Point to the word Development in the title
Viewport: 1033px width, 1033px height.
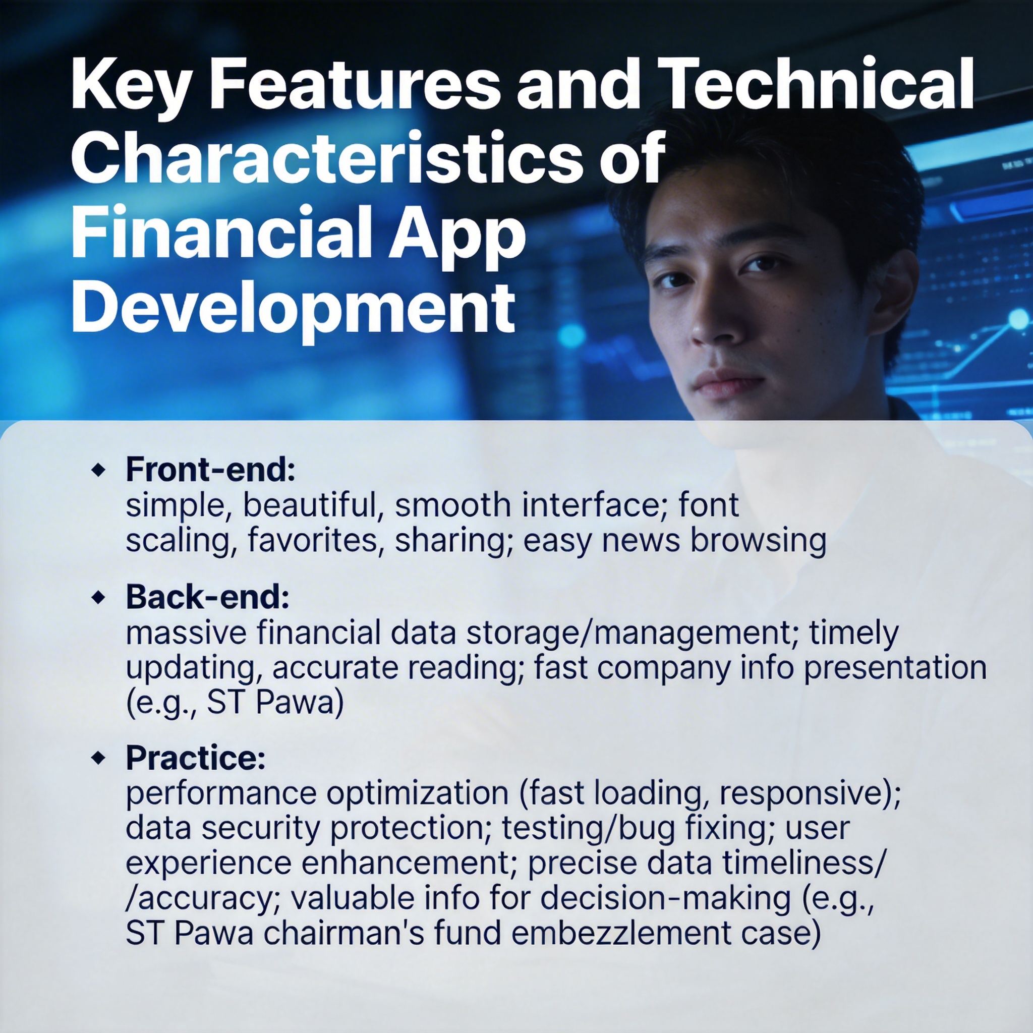tap(294, 309)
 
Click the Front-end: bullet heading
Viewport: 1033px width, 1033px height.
tap(210, 470)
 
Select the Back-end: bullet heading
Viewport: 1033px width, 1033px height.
tap(207, 597)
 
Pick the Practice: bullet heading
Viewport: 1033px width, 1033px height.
tap(196, 758)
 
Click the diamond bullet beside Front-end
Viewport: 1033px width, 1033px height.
tap(98, 471)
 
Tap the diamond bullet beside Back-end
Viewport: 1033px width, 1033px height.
tap(98, 597)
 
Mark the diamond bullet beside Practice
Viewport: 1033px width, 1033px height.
tap(98, 758)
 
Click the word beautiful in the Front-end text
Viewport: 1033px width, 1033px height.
tap(313, 505)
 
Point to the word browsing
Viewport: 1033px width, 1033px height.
tap(758, 541)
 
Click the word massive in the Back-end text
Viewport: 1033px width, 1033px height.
tap(186, 633)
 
